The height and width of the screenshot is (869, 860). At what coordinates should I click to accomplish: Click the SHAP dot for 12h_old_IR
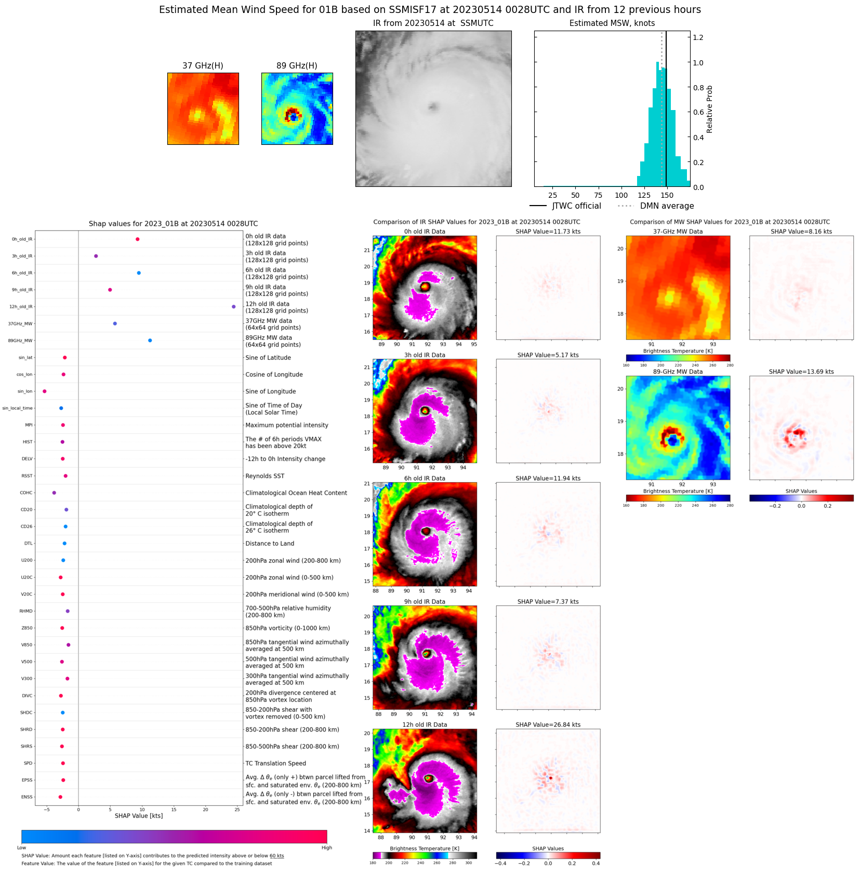click(x=233, y=307)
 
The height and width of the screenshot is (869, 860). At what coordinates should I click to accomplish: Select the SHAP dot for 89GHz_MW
click(x=150, y=341)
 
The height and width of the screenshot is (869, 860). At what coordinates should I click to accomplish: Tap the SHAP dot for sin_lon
click(x=45, y=391)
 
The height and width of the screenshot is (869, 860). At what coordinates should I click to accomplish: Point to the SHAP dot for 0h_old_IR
click(x=137, y=239)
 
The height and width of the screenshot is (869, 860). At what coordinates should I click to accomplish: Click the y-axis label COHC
click(x=26, y=493)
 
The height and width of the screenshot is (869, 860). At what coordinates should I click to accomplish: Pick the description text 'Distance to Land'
click(x=270, y=544)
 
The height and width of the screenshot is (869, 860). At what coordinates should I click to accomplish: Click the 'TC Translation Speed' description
click(x=275, y=763)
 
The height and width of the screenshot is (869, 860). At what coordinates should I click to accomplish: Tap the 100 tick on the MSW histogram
click(x=621, y=195)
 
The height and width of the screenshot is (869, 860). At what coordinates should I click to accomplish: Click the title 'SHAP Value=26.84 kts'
click(x=548, y=725)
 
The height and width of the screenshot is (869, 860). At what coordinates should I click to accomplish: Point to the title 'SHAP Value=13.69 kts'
click(x=801, y=372)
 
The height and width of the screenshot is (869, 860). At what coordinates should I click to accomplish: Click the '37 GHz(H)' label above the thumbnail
click(x=203, y=65)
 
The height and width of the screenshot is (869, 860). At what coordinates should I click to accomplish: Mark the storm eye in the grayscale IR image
click(x=433, y=107)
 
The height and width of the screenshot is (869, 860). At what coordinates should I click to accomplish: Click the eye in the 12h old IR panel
click(x=429, y=778)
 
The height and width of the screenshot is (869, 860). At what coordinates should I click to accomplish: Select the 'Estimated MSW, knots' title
click(x=612, y=23)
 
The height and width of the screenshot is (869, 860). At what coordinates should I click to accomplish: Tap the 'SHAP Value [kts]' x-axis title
click(x=138, y=816)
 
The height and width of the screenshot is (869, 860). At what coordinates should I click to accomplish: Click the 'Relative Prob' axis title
click(x=709, y=109)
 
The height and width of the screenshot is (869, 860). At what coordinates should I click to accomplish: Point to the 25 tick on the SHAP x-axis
click(x=237, y=809)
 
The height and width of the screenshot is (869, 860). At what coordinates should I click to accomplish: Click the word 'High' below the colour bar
click(x=326, y=848)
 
